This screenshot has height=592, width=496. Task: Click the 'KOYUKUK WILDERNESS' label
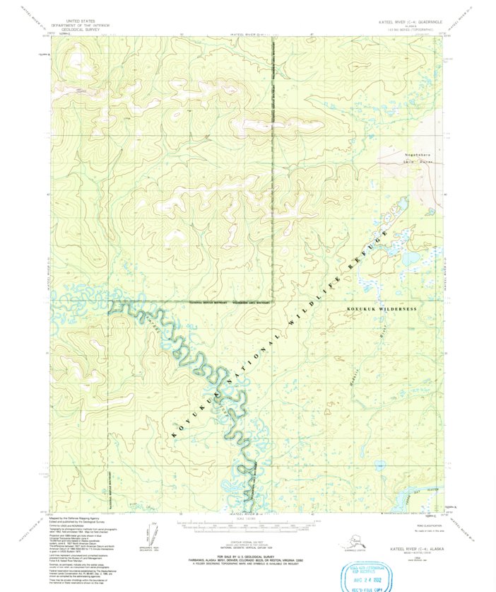(x=382, y=309)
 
